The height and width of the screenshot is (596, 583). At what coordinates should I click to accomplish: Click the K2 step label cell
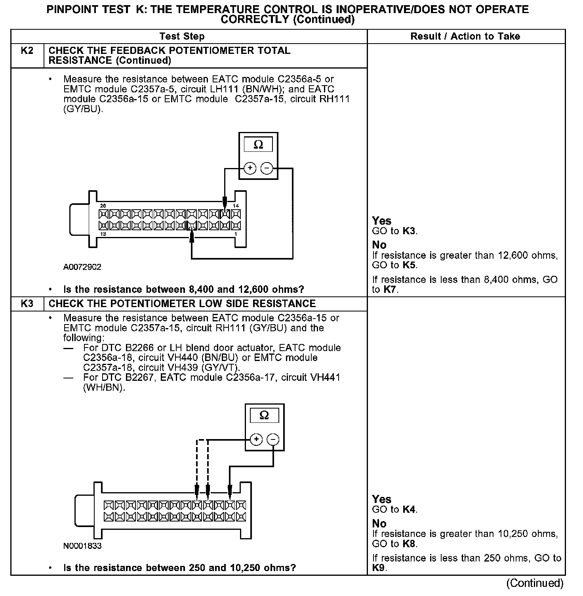[x=27, y=51]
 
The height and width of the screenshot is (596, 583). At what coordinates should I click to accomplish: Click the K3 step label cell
[x=27, y=304]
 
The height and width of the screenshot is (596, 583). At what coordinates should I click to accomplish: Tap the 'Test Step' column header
[x=182, y=36]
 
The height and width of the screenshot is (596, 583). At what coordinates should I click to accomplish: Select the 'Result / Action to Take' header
[x=465, y=36]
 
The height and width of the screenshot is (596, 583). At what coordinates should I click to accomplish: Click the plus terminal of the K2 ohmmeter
[x=250, y=168]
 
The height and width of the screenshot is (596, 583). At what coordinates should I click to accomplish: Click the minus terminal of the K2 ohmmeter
[x=267, y=168]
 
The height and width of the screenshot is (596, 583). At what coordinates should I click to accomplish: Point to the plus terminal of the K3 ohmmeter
[x=256, y=439]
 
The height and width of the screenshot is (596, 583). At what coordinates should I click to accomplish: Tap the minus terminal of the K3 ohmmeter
[x=273, y=439]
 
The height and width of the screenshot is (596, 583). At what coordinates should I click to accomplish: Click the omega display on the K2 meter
[x=258, y=145]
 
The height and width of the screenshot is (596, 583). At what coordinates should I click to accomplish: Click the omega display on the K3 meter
[x=264, y=416]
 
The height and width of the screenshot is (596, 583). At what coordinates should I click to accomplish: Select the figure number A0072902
[x=82, y=267]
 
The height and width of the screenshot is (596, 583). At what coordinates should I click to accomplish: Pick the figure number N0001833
[x=82, y=546]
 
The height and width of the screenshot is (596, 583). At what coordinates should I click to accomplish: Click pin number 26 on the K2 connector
[x=103, y=206]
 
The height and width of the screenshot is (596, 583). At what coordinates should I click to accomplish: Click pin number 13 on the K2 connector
[x=103, y=234]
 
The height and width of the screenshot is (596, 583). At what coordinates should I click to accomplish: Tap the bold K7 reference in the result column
[x=390, y=290]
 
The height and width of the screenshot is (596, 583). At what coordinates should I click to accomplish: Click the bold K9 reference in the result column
[x=379, y=568]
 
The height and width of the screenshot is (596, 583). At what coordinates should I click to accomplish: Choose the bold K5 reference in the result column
[x=409, y=265]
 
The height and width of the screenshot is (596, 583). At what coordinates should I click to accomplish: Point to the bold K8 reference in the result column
[x=409, y=544]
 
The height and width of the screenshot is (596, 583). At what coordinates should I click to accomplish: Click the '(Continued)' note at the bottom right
[x=534, y=583]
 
